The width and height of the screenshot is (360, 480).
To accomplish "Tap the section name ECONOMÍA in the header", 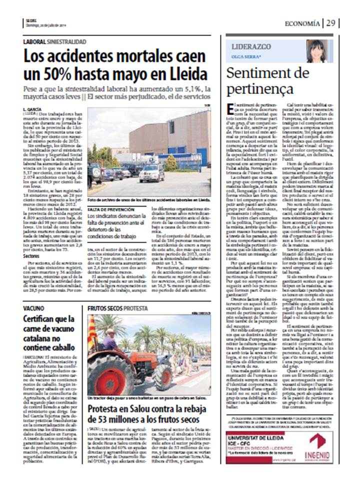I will tap(302, 23).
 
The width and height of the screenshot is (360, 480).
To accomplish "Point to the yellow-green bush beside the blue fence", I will tap(171, 161).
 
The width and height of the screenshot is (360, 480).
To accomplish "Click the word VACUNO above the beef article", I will tap(33, 308).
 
